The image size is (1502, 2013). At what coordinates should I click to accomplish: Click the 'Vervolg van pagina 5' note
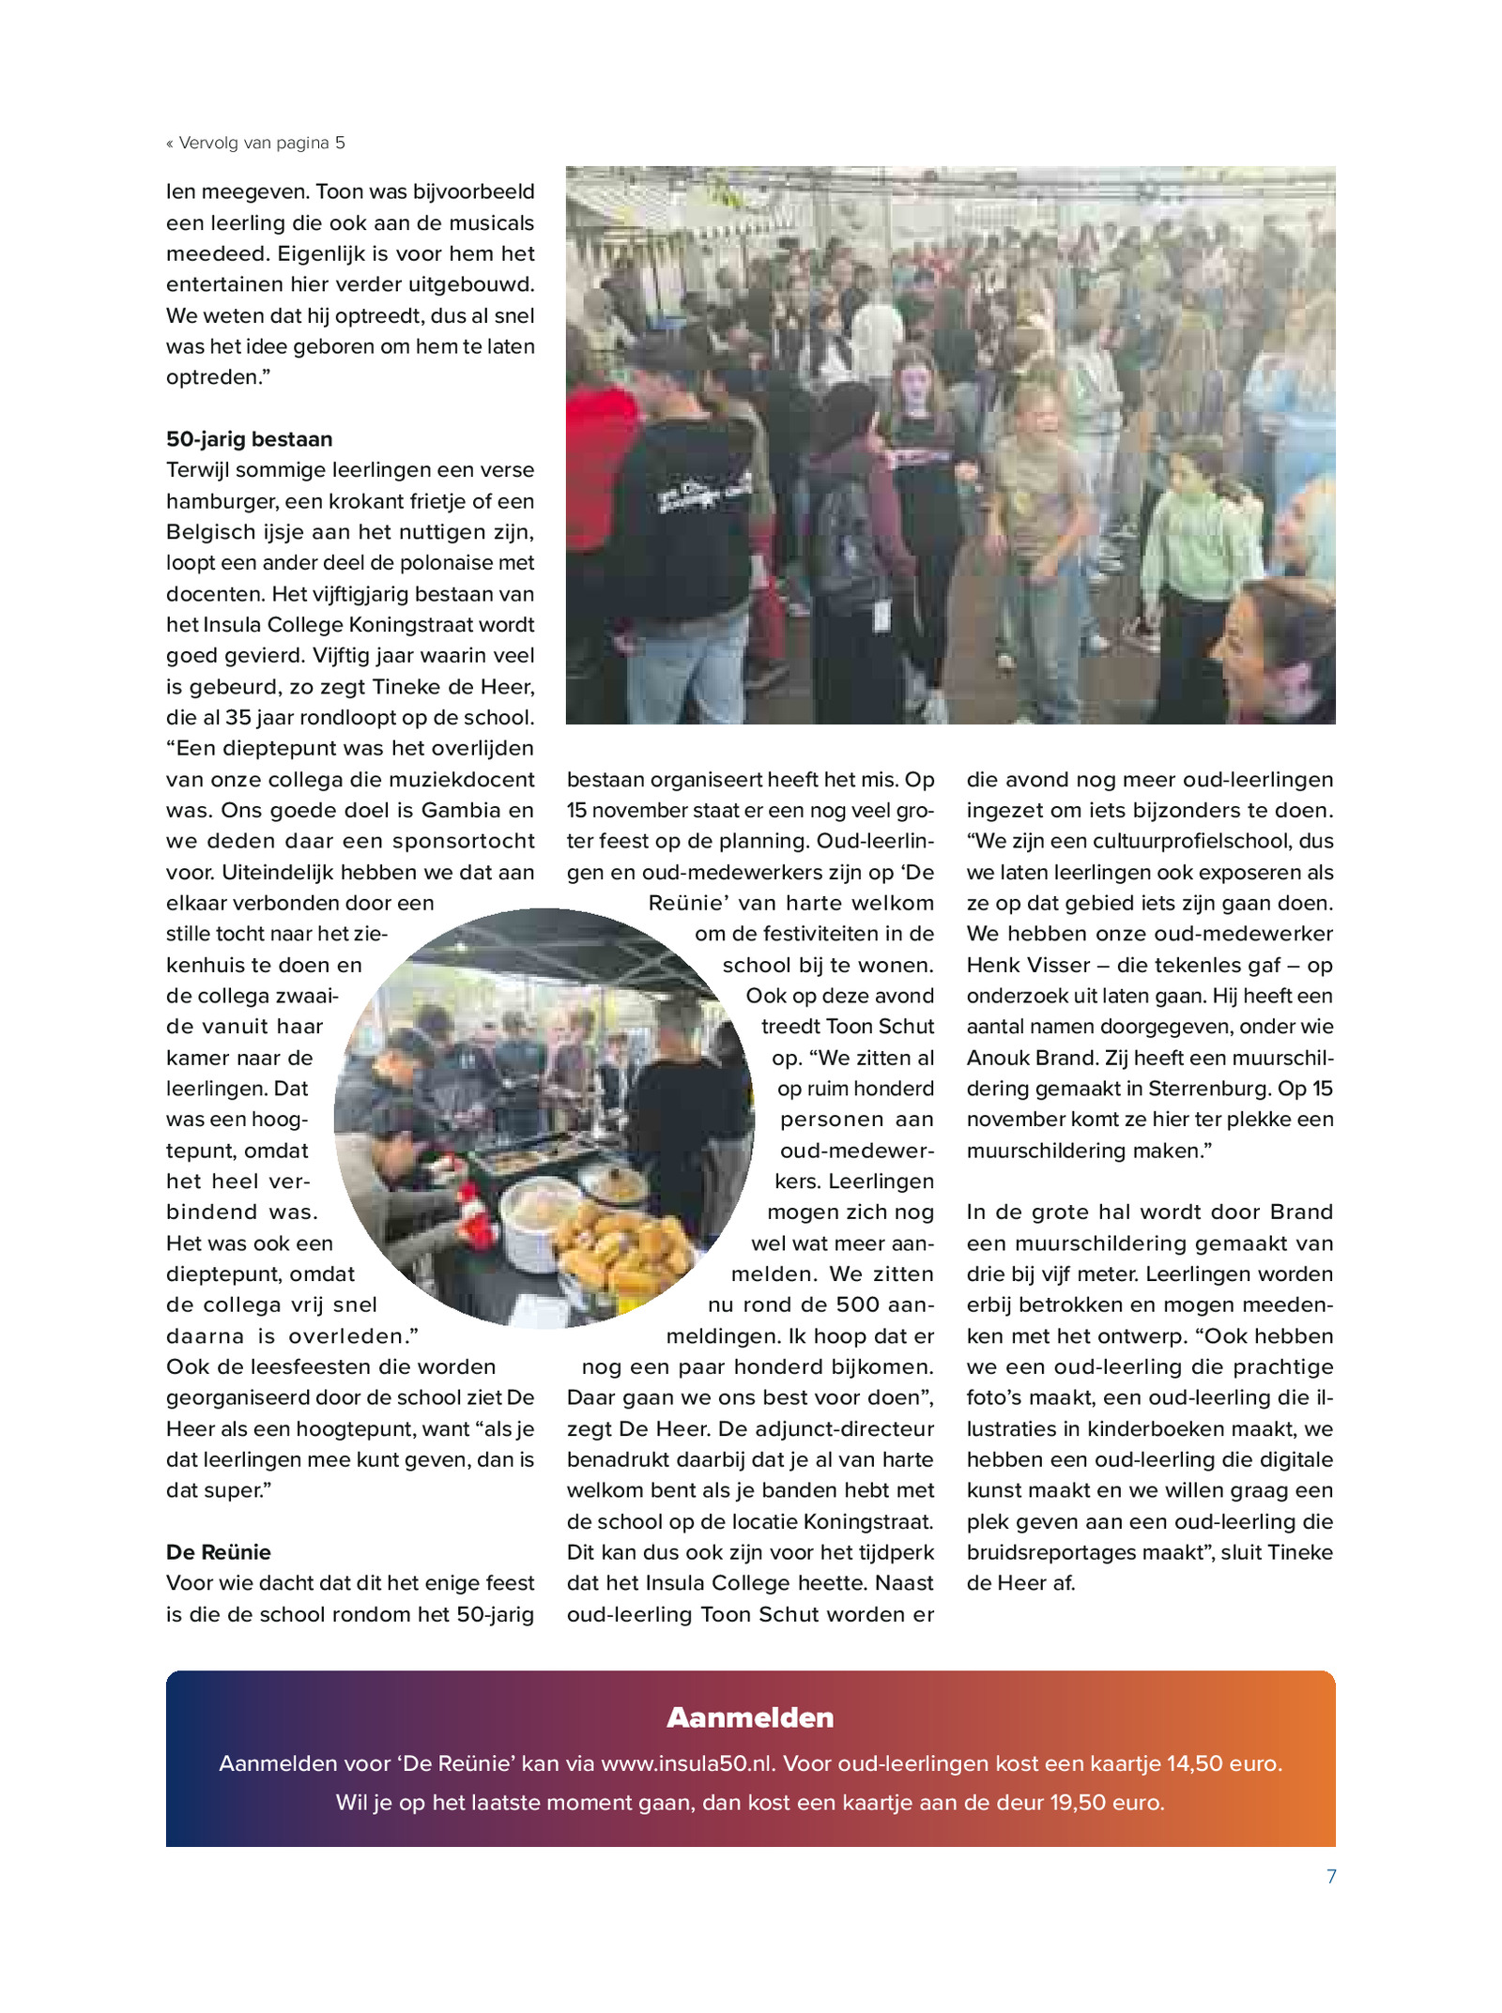coord(255,143)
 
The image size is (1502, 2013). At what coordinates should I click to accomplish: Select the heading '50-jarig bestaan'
coord(249,439)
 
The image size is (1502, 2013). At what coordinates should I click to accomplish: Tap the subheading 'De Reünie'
coord(218,1551)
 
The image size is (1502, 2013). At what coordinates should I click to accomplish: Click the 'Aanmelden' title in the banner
coord(750,1717)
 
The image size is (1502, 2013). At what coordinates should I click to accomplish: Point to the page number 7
coord(1330,1876)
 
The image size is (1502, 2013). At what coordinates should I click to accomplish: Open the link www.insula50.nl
coord(687,1763)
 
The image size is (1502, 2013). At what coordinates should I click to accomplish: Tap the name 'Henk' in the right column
coord(992,965)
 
